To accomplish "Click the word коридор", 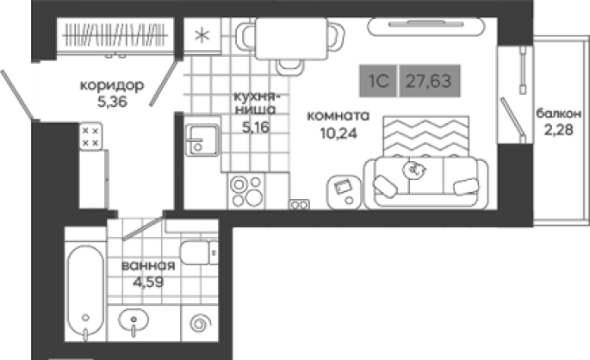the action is pos(112,86).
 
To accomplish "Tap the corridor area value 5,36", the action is pos(112,102).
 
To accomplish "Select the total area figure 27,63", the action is pos(429,81).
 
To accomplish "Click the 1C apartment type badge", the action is pos(378,81).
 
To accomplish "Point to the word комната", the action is pos(338,116).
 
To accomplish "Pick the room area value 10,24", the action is pos(338,133).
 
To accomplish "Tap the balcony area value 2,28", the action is pos(558,130).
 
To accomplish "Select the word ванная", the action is pos(148,265).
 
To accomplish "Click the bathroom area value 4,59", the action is pos(148,282).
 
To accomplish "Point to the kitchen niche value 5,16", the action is pos(256,127).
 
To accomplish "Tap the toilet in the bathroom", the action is pos(199,252).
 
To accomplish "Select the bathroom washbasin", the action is pos(134,321).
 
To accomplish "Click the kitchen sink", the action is pos(202,140).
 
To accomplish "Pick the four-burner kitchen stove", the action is pos(246,191).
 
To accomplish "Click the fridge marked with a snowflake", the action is pos(202,36).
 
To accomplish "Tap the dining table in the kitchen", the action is pos(291,39).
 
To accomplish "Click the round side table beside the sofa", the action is pos(344,192).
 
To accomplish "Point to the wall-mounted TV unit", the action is pos(426,27).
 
